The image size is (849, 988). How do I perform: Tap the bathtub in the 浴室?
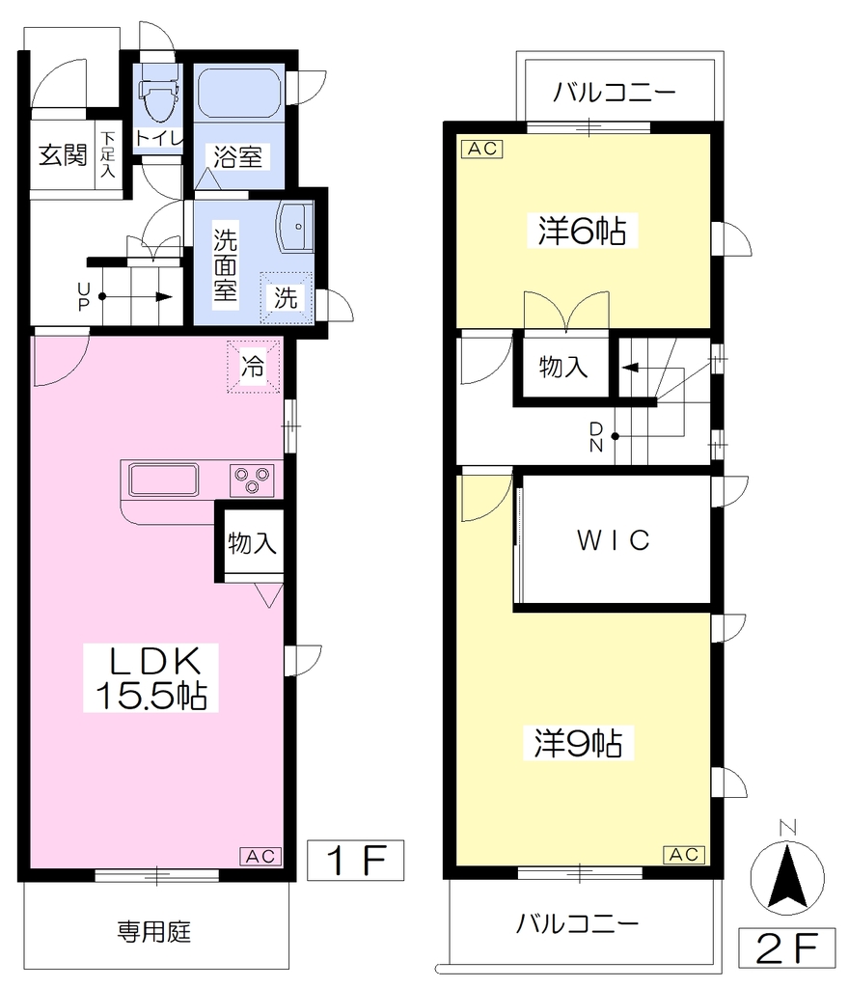pos(238,93)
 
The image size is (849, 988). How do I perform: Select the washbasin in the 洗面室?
pos(294,227)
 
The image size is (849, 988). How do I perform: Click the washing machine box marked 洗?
pos(287,297)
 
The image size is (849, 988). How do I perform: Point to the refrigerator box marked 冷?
pos(254,366)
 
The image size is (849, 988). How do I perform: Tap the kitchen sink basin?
pos(164,480)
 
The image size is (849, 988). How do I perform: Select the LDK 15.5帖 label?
pos(151,678)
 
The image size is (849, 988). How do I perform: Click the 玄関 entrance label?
pos(63,154)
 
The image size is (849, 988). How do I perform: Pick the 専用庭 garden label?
pos(153,931)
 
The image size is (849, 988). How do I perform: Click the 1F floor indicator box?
pos(355,860)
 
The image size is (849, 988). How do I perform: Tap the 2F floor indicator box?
pos(786,947)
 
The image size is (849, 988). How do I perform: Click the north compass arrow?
pos(787,877)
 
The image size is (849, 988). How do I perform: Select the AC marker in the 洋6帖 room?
pos(482,149)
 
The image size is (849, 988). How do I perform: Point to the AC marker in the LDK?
pos(260,857)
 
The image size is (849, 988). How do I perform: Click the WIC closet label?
pos(614,540)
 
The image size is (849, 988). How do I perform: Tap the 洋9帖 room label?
pos(579,743)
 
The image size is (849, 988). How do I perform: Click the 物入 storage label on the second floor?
pos(563,367)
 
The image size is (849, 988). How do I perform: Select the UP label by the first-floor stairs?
pos(84,297)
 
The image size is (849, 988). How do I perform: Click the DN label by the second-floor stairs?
pos(596,437)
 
